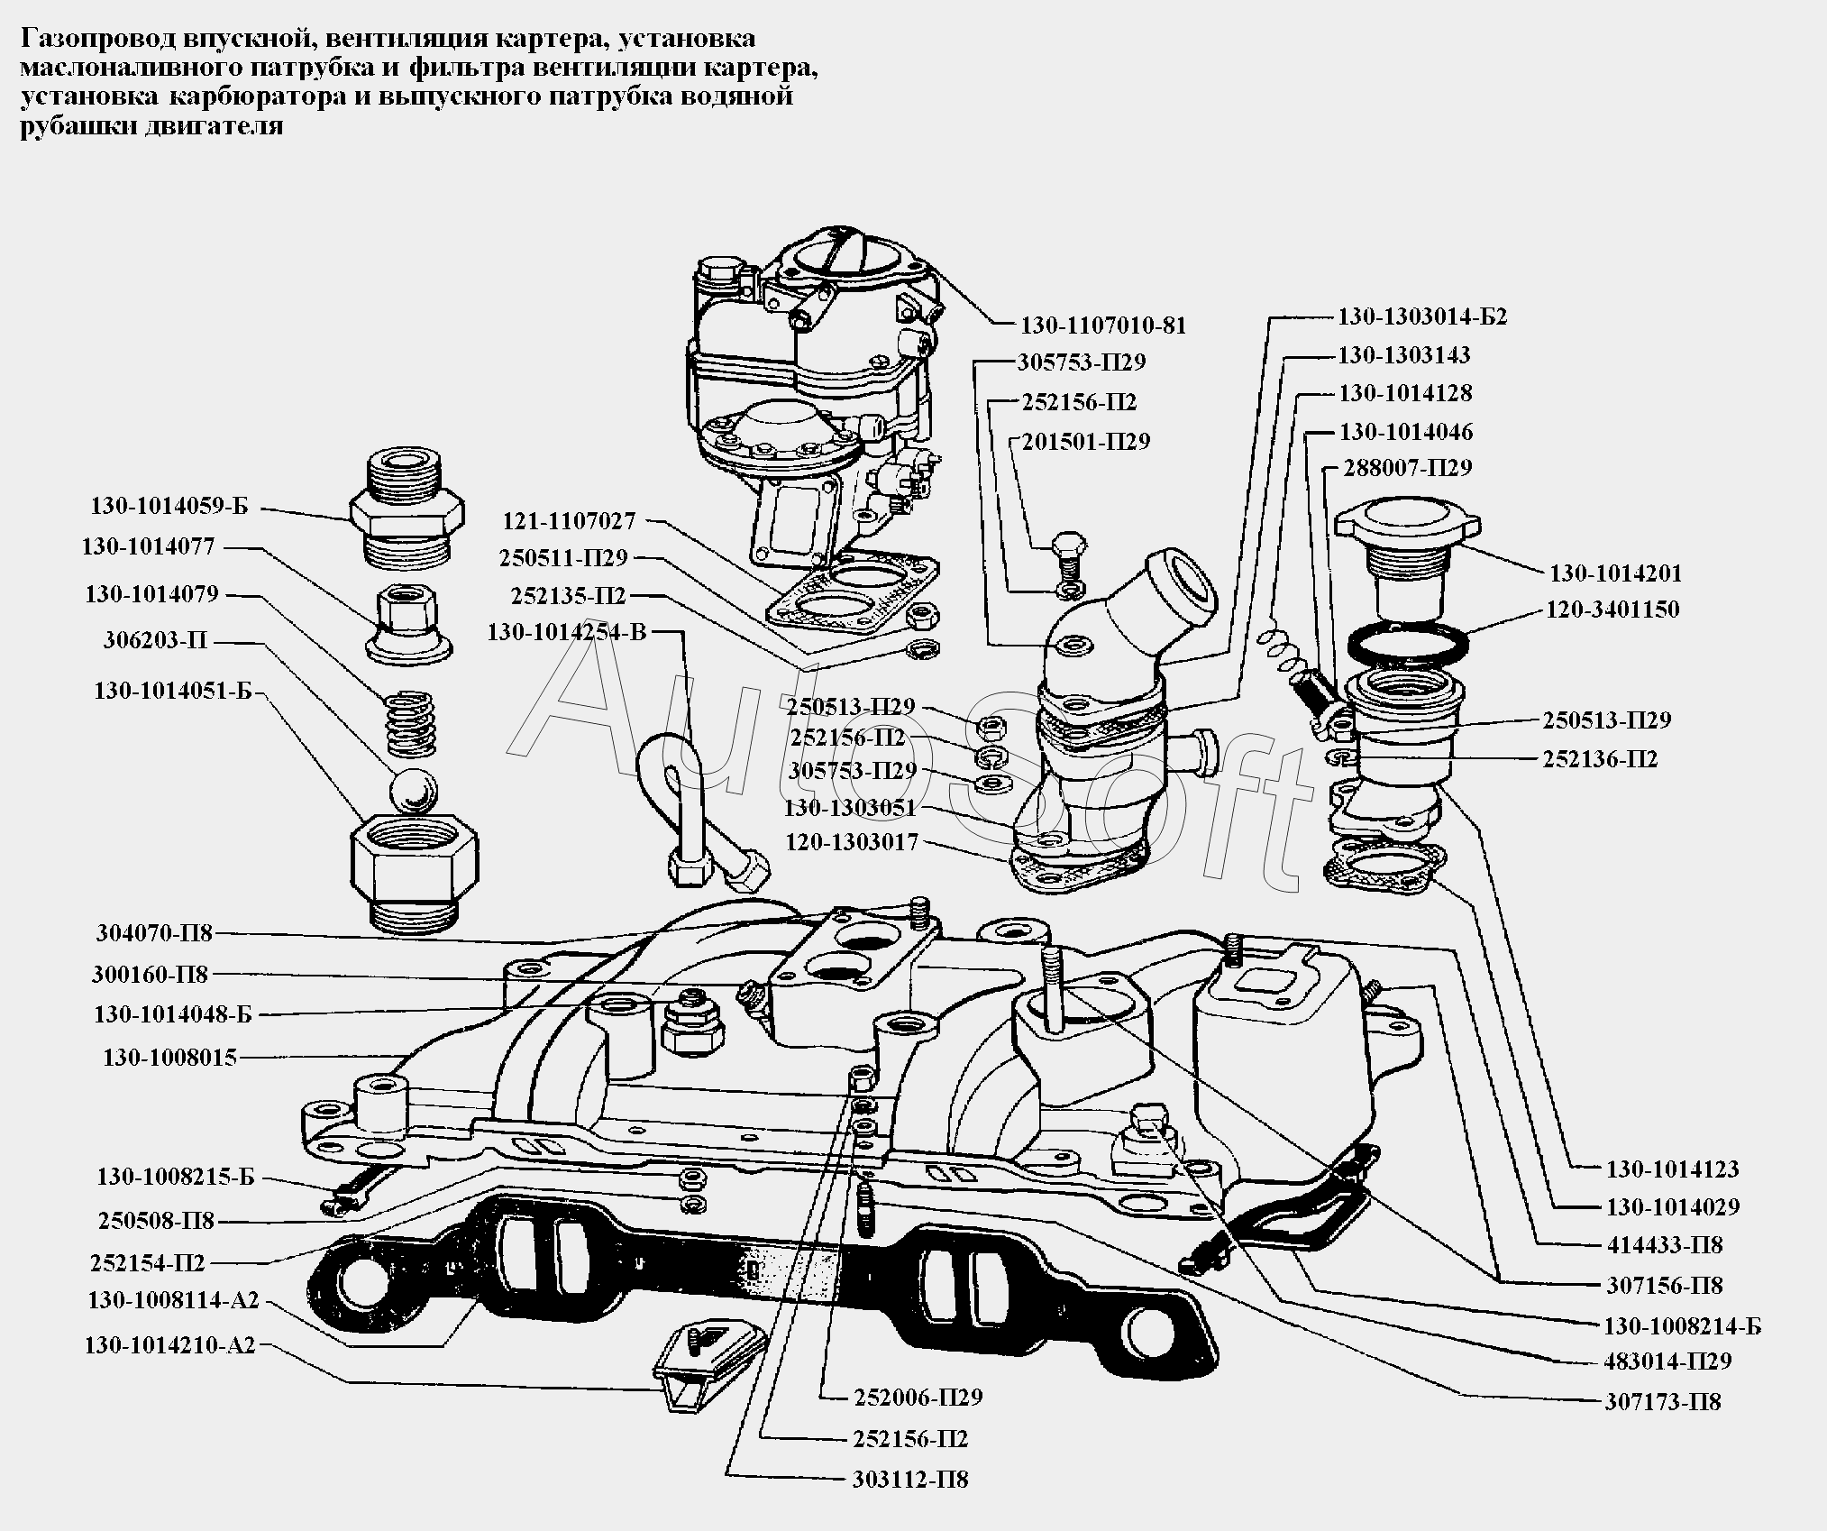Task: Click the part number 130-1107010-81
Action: tap(1102, 325)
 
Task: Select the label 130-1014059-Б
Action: tap(169, 506)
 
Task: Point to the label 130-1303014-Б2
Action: tap(1421, 316)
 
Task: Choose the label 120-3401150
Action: tap(1613, 610)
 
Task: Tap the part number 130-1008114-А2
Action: tap(173, 1300)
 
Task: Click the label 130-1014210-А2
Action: tap(170, 1345)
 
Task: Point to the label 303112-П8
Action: tap(909, 1480)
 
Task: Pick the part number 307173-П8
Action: tap(1663, 1402)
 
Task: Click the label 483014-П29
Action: tap(1667, 1361)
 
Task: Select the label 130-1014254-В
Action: tap(567, 632)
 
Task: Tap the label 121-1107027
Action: tap(569, 520)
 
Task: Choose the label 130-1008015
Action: tap(169, 1058)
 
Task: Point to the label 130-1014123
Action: tap(1673, 1169)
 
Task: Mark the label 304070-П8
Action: tap(154, 933)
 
